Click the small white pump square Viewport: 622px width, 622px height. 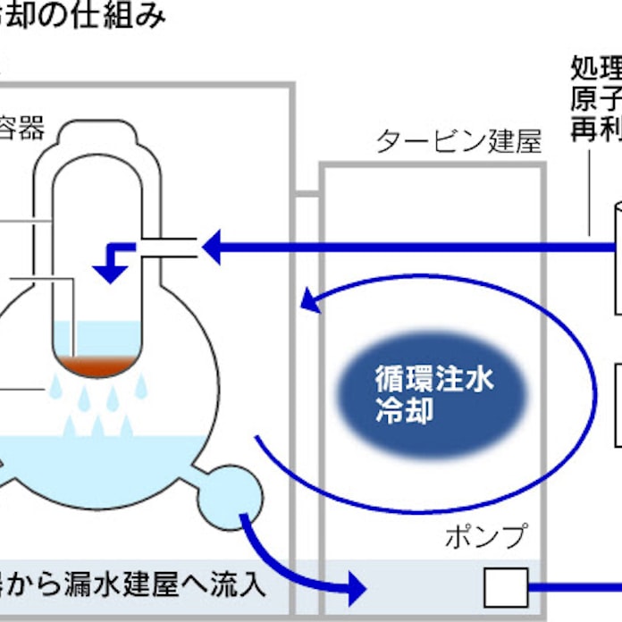pyautogui.click(x=506, y=587)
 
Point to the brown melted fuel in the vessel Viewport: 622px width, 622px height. pyautogui.click(x=99, y=366)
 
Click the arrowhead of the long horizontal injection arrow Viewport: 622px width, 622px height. pyautogui.click(x=213, y=247)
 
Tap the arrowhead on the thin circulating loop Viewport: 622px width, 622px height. pyautogui.click(x=309, y=302)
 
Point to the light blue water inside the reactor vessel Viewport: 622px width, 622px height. pyautogui.click(x=99, y=338)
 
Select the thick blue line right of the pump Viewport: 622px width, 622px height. pyautogui.click(x=576, y=587)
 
